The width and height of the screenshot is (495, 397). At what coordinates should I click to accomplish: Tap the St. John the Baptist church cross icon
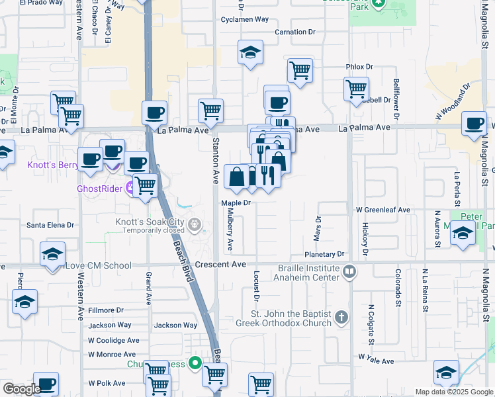pyautogui.click(x=341, y=318)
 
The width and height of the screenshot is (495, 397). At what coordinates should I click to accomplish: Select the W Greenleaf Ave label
pyautogui.click(x=383, y=210)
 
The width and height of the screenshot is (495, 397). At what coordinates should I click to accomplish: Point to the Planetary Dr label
pyautogui.click(x=326, y=254)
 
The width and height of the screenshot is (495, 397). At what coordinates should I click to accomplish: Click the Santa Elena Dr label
pyautogui.click(x=50, y=225)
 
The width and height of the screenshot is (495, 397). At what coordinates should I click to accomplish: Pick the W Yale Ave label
pyautogui.click(x=376, y=361)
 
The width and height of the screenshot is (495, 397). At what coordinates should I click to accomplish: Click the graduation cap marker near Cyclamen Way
pyautogui.click(x=251, y=54)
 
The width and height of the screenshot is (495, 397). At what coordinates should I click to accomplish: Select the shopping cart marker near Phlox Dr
pyautogui.click(x=356, y=89)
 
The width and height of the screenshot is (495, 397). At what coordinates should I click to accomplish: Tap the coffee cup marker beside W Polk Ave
pyautogui.click(x=46, y=384)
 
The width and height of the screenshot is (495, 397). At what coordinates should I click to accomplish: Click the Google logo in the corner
pyautogui.click(x=22, y=388)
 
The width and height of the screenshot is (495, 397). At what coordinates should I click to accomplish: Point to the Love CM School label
pyautogui.click(x=98, y=266)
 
